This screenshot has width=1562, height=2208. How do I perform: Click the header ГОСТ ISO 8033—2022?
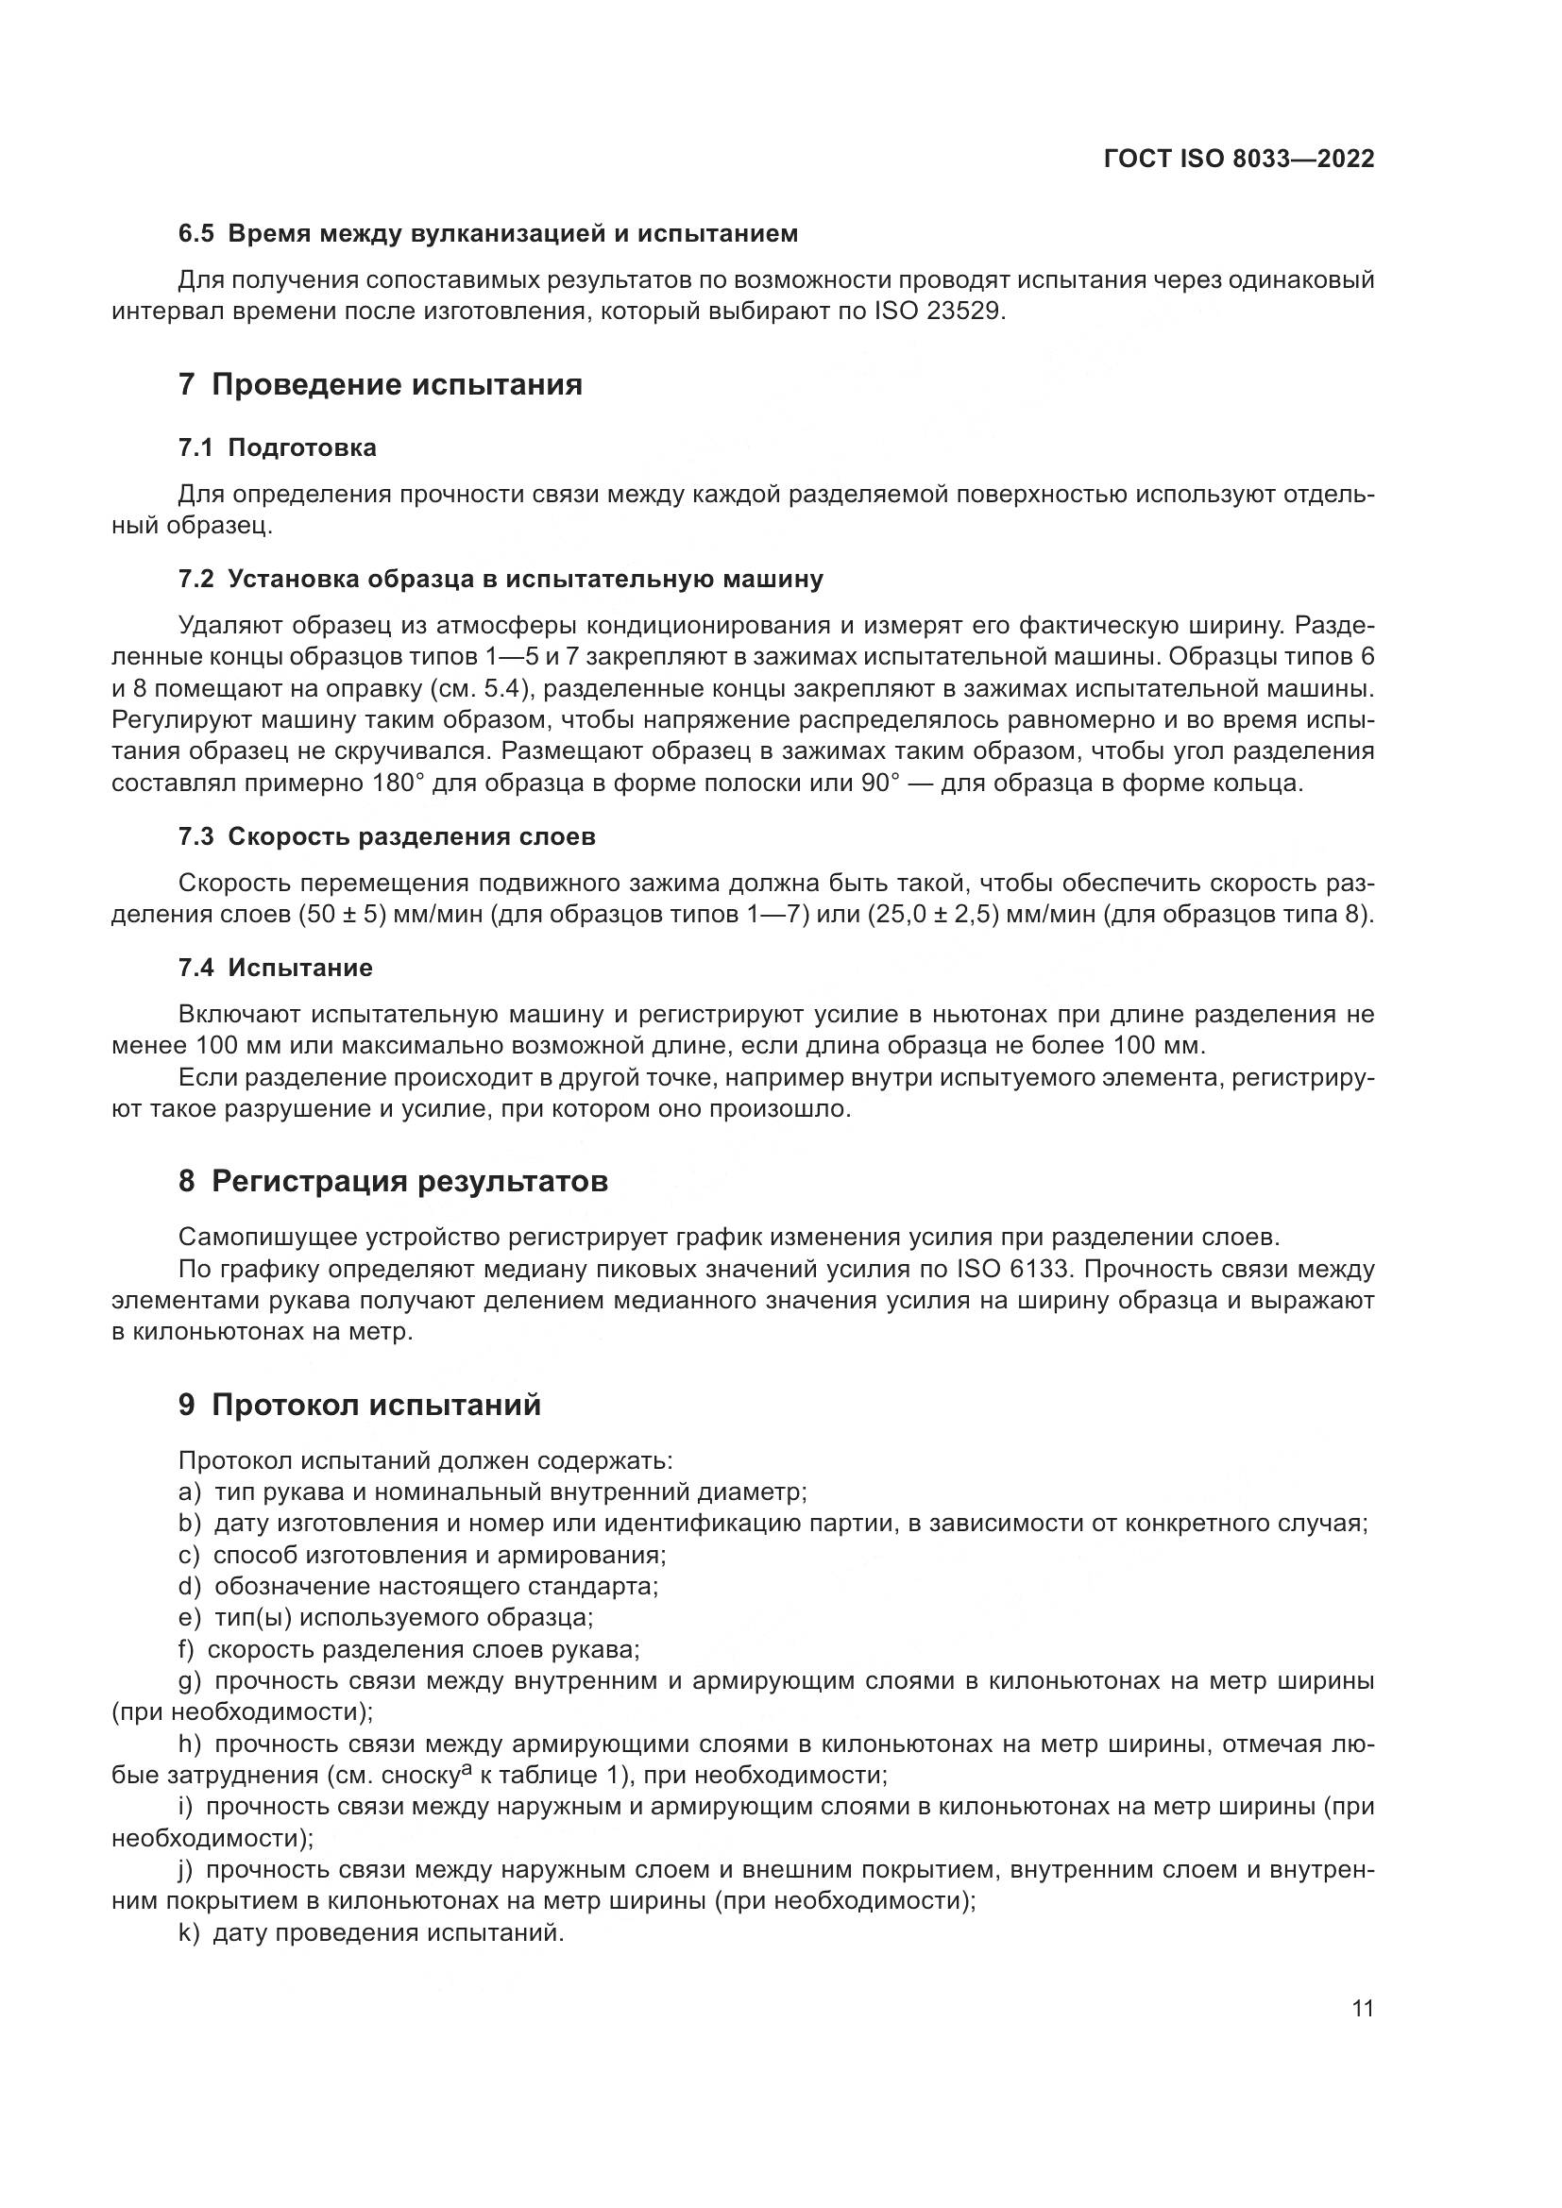(x=1238, y=160)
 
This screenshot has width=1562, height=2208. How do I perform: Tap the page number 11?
(x=1362, y=2008)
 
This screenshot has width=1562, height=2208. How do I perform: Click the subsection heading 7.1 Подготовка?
(x=277, y=447)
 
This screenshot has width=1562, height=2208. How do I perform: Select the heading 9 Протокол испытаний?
(x=359, y=1405)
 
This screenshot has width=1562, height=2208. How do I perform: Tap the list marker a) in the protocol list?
(x=190, y=1492)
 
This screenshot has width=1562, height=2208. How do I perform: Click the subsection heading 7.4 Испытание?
(x=275, y=968)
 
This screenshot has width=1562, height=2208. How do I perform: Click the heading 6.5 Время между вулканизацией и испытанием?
(x=487, y=234)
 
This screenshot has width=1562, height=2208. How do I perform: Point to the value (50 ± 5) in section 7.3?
(x=343, y=914)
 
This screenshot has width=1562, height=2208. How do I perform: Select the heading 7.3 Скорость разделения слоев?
(x=386, y=836)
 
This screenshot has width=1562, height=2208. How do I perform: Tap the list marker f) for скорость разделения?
(x=187, y=1650)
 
